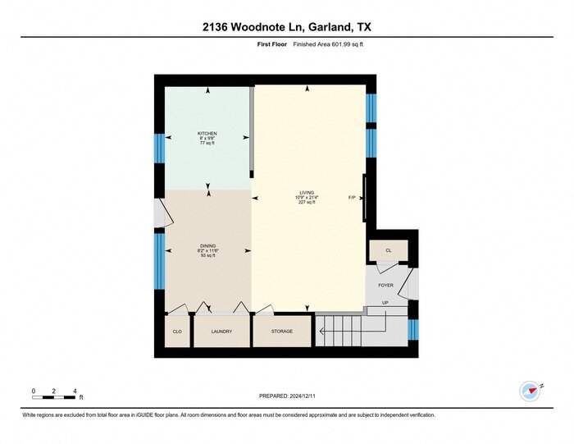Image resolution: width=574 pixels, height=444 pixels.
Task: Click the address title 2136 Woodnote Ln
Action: [286, 27]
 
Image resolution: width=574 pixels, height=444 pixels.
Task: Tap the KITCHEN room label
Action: [207, 133]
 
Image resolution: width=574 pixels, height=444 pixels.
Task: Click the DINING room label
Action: [207, 245]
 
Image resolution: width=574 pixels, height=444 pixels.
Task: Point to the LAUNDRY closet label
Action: [221, 332]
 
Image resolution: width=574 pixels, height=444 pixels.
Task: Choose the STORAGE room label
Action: [281, 332]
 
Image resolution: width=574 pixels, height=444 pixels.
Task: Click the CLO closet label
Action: [176, 332]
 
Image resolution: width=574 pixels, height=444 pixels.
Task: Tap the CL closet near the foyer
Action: [389, 249]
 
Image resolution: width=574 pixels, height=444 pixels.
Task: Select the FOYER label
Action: [385, 285]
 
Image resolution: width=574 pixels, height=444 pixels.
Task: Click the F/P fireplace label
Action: [352, 198]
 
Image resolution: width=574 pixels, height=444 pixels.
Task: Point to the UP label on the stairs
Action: [384, 304]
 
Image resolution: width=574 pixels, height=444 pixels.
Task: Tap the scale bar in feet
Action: [54, 398]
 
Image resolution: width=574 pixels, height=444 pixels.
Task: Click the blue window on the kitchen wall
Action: [160, 148]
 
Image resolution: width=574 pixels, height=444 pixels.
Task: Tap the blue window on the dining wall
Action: [160, 260]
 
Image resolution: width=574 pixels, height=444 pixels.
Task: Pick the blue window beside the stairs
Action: [413, 329]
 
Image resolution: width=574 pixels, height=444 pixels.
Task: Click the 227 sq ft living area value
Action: [307, 203]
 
